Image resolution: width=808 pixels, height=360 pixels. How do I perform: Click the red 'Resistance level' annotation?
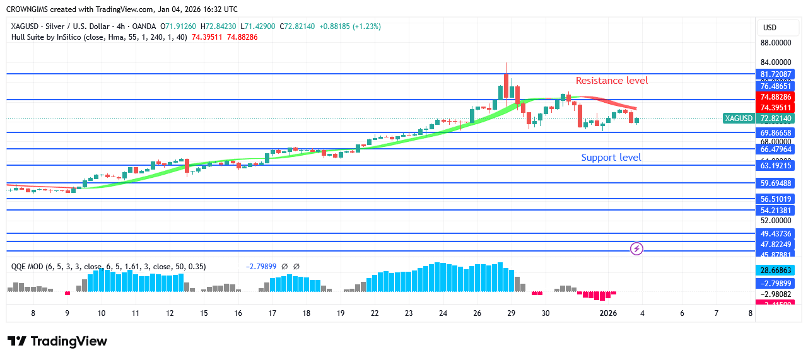(611, 81)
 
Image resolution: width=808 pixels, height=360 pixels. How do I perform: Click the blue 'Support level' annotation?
(611, 158)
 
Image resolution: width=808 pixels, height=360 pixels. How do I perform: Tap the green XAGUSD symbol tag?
(739, 119)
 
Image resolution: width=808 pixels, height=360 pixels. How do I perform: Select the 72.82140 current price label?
(776, 119)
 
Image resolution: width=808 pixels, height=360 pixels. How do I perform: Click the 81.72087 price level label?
(776, 74)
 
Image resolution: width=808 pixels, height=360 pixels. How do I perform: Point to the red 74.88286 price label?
(776, 97)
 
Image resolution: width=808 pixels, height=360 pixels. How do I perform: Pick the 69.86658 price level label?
(776, 133)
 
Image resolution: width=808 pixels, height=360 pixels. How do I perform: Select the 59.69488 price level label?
(776, 183)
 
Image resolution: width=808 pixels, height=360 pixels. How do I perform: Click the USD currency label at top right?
(770, 28)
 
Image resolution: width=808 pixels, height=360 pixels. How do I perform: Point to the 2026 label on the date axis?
(607, 313)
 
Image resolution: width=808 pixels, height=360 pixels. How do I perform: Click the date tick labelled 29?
(511, 313)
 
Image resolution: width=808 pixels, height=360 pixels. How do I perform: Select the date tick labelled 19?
(340, 313)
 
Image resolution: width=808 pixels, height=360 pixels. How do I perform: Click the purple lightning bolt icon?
(637, 249)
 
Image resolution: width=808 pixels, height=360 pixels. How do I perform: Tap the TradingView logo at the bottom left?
(57, 342)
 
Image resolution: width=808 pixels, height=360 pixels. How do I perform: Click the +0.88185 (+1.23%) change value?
(350, 26)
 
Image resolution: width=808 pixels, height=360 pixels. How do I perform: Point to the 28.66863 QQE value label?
(776, 270)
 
